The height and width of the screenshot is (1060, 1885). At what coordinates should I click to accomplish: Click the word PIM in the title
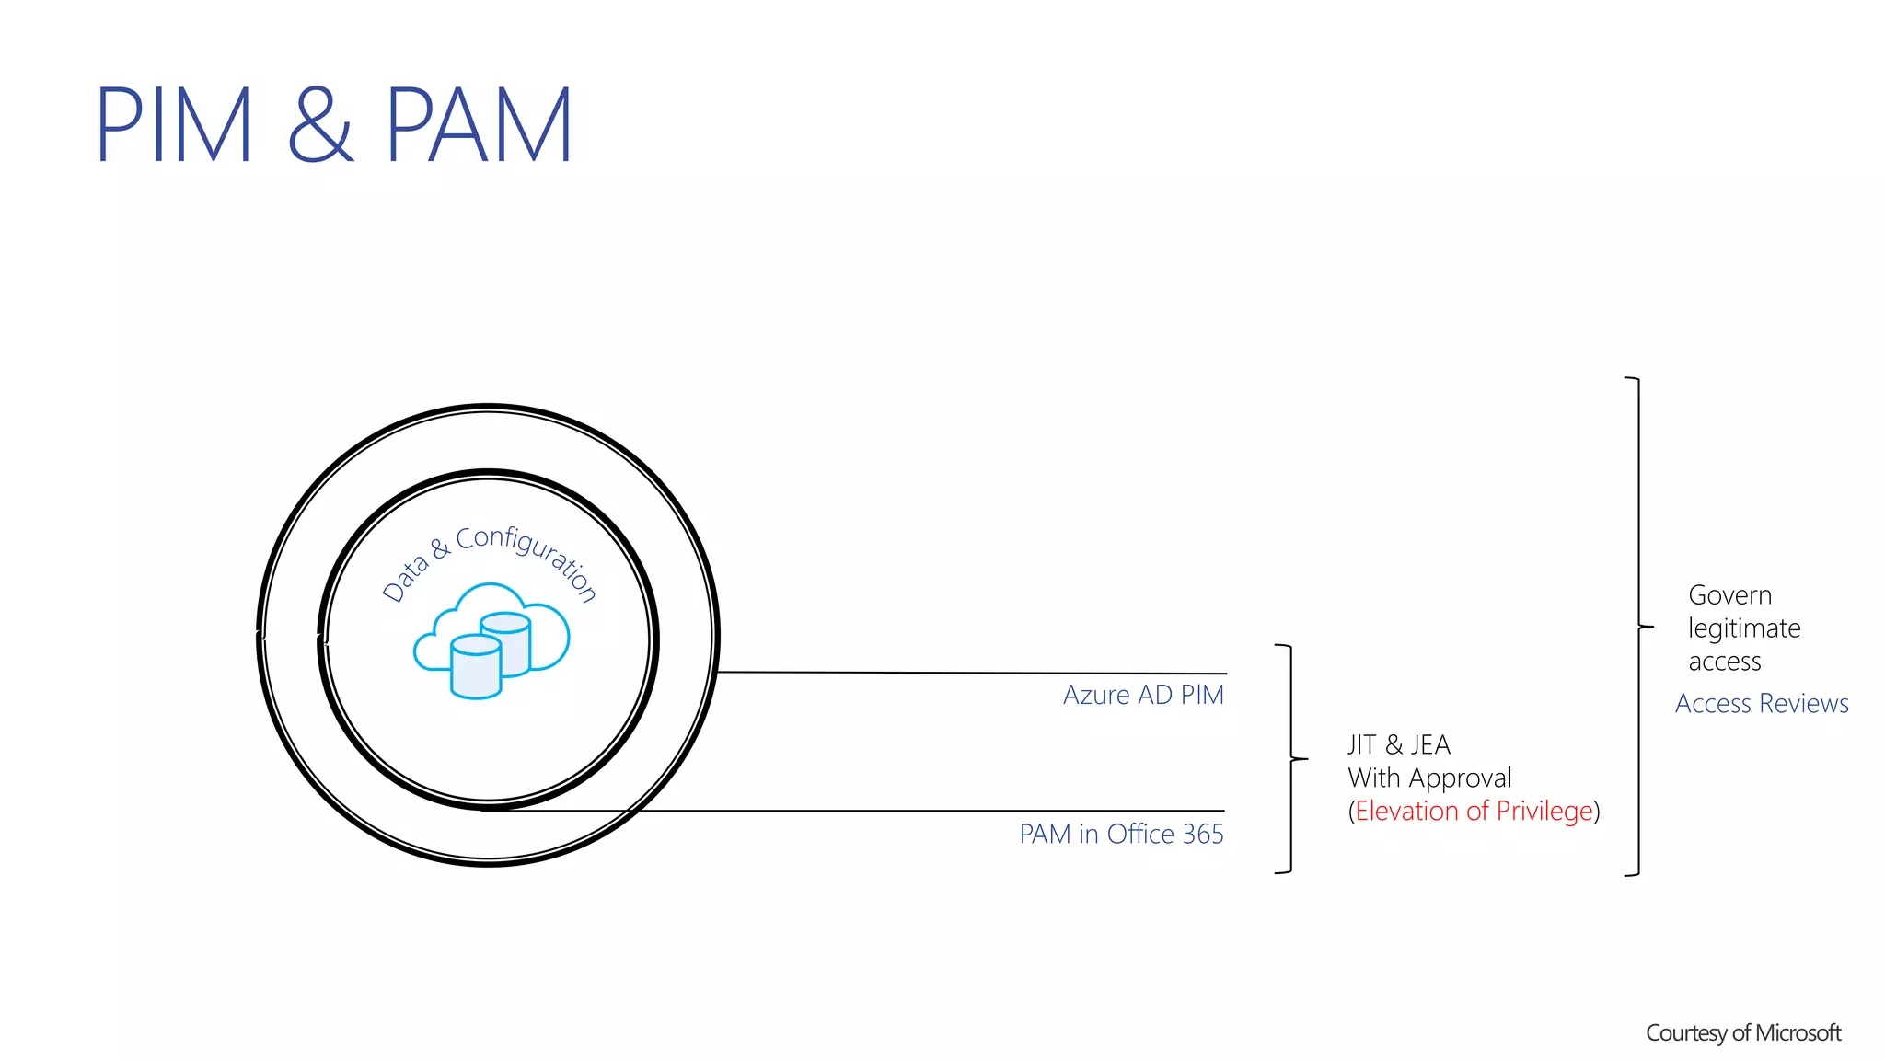click(173, 125)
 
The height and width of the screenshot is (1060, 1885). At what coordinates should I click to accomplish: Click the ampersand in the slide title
click(320, 125)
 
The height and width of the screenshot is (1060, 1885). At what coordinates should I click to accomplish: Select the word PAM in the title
click(480, 125)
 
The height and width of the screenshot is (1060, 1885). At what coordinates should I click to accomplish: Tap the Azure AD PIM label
click(1143, 695)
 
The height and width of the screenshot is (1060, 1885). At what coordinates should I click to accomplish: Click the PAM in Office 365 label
click(1121, 834)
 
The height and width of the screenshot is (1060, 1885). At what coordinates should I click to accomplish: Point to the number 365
click(1203, 834)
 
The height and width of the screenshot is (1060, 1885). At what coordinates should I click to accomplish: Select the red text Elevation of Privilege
click(1474, 811)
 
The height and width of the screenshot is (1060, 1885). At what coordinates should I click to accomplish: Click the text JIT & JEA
click(1399, 744)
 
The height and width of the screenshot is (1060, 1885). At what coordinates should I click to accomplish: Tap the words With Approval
click(1429, 778)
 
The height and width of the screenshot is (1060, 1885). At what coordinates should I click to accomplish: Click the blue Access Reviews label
click(1762, 703)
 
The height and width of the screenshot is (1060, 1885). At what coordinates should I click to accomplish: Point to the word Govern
click(1729, 595)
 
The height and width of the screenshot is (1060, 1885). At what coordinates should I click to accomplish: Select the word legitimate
click(1744, 628)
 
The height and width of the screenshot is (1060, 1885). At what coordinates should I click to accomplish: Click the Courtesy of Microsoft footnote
click(1743, 1033)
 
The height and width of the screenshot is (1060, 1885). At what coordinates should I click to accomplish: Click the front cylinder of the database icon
click(476, 667)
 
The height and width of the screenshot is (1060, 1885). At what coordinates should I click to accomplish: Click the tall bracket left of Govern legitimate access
click(1638, 627)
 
